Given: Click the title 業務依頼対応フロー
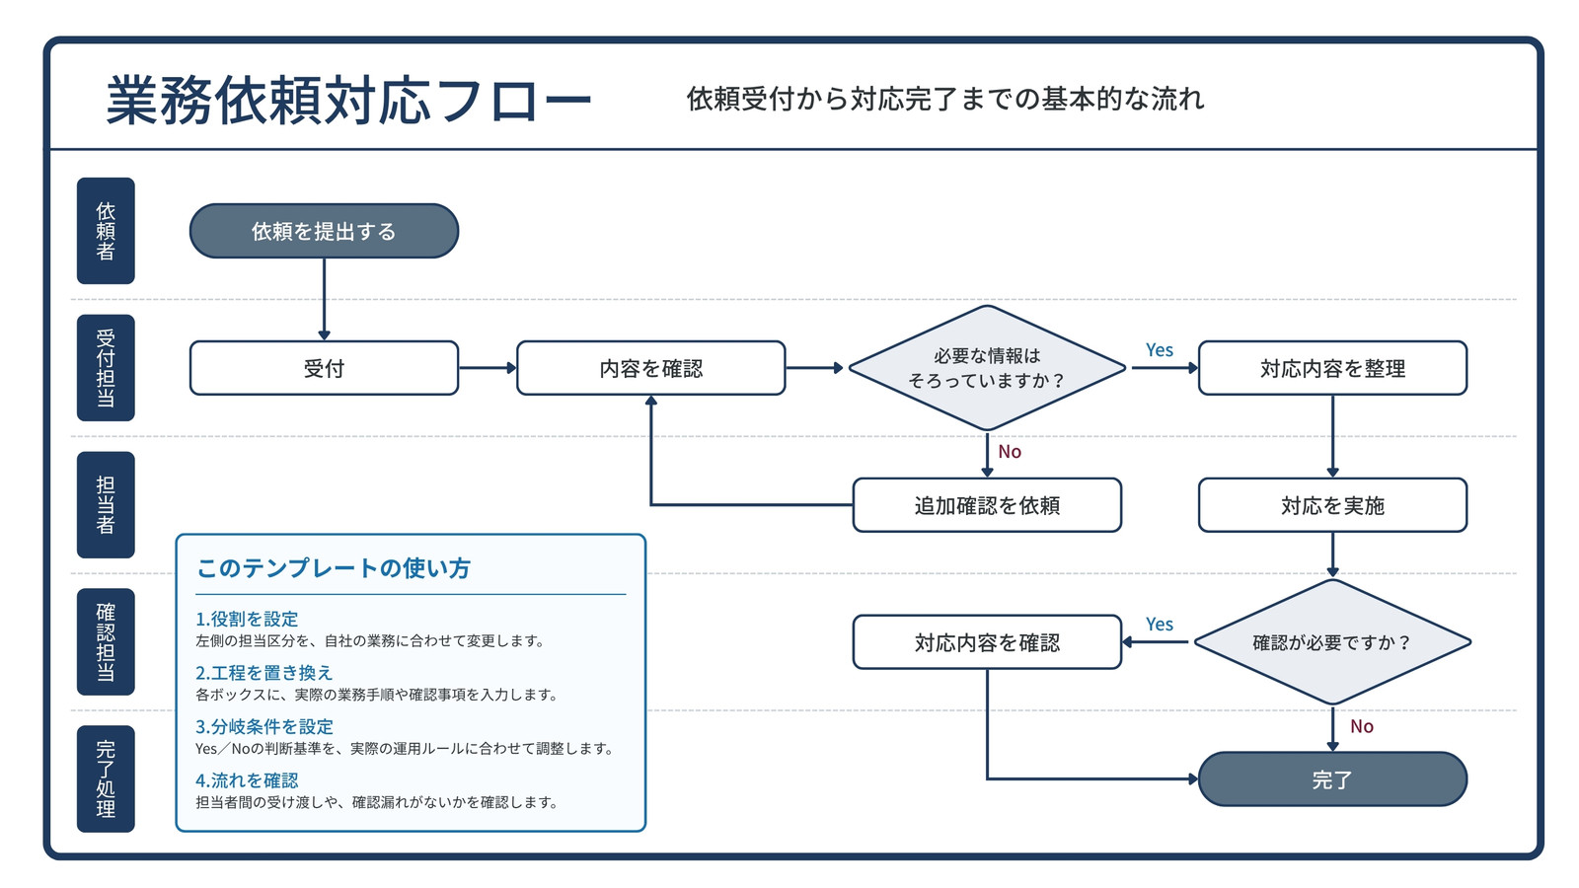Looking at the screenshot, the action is tap(348, 100).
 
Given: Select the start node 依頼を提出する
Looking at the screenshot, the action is tap(325, 231).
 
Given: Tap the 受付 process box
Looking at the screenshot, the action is tap(325, 368).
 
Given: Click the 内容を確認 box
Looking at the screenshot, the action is tap(650, 368).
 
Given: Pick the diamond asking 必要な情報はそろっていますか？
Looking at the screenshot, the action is tap(987, 368).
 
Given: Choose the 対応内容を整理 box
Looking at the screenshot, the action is tap(1332, 368).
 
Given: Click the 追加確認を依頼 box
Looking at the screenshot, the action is tap(987, 505).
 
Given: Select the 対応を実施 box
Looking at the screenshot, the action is tap(1332, 505).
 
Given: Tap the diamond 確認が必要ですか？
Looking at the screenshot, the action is tap(1332, 642).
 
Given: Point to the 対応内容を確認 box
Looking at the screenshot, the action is tap(987, 642).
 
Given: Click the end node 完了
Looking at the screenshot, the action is tap(1332, 779).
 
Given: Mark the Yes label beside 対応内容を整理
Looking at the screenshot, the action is tap(1160, 350).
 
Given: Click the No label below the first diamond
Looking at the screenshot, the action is tap(1010, 452).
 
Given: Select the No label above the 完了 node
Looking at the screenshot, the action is tap(1362, 726).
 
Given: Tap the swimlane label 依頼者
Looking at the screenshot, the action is tap(106, 231).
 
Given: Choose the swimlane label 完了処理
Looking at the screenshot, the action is tap(106, 778).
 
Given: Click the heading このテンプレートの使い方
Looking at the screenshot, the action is tap(334, 568).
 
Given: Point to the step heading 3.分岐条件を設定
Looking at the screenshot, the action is tap(264, 726).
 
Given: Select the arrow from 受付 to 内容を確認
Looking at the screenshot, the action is tap(488, 368).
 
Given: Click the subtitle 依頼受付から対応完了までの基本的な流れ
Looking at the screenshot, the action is tap(945, 99).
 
